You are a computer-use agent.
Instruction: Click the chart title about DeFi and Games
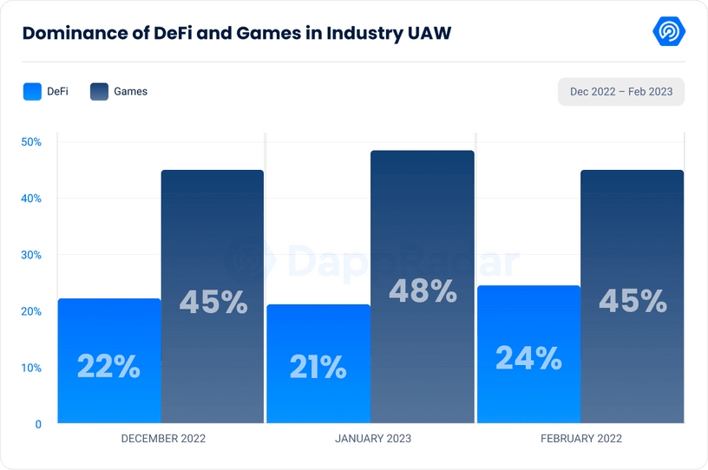tap(236, 34)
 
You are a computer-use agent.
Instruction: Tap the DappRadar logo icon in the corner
tap(669, 31)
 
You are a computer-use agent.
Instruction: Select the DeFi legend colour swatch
tap(32, 91)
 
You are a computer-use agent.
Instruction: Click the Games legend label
tap(130, 91)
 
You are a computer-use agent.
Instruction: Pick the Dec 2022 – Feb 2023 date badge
tap(620, 91)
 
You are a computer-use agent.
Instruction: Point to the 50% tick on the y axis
tap(31, 142)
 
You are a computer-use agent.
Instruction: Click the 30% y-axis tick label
tap(31, 255)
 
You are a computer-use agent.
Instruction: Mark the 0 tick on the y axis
tap(38, 424)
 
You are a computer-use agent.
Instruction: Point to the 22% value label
tap(108, 367)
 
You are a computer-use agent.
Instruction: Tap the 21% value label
tap(318, 368)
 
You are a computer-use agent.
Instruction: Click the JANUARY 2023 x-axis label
tap(373, 439)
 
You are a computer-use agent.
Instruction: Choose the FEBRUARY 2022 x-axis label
tap(581, 439)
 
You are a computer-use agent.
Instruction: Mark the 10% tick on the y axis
tap(31, 368)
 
